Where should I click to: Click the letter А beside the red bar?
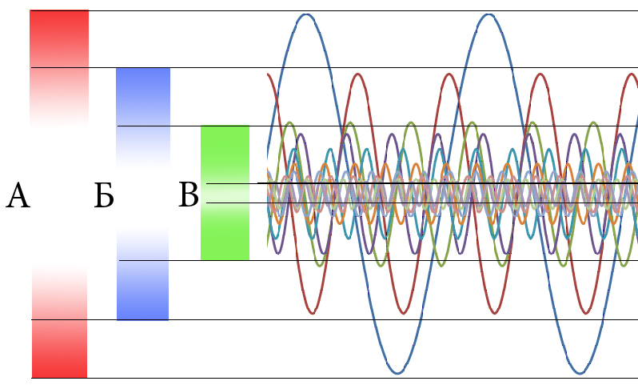click(x=18, y=195)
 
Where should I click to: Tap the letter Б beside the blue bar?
click(x=104, y=196)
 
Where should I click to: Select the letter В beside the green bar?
click(x=188, y=195)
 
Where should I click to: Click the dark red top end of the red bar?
click(x=59, y=24)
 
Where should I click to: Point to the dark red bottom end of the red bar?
click(x=59, y=364)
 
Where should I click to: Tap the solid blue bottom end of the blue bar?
click(x=143, y=308)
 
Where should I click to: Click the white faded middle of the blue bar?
click(x=143, y=194)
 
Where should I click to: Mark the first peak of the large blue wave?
click(x=306, y=14)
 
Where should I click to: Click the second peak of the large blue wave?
click(x=488, y=14)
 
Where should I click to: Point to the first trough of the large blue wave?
click(x=397, y=373)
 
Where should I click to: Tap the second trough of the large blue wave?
click(x=579, y=373)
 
